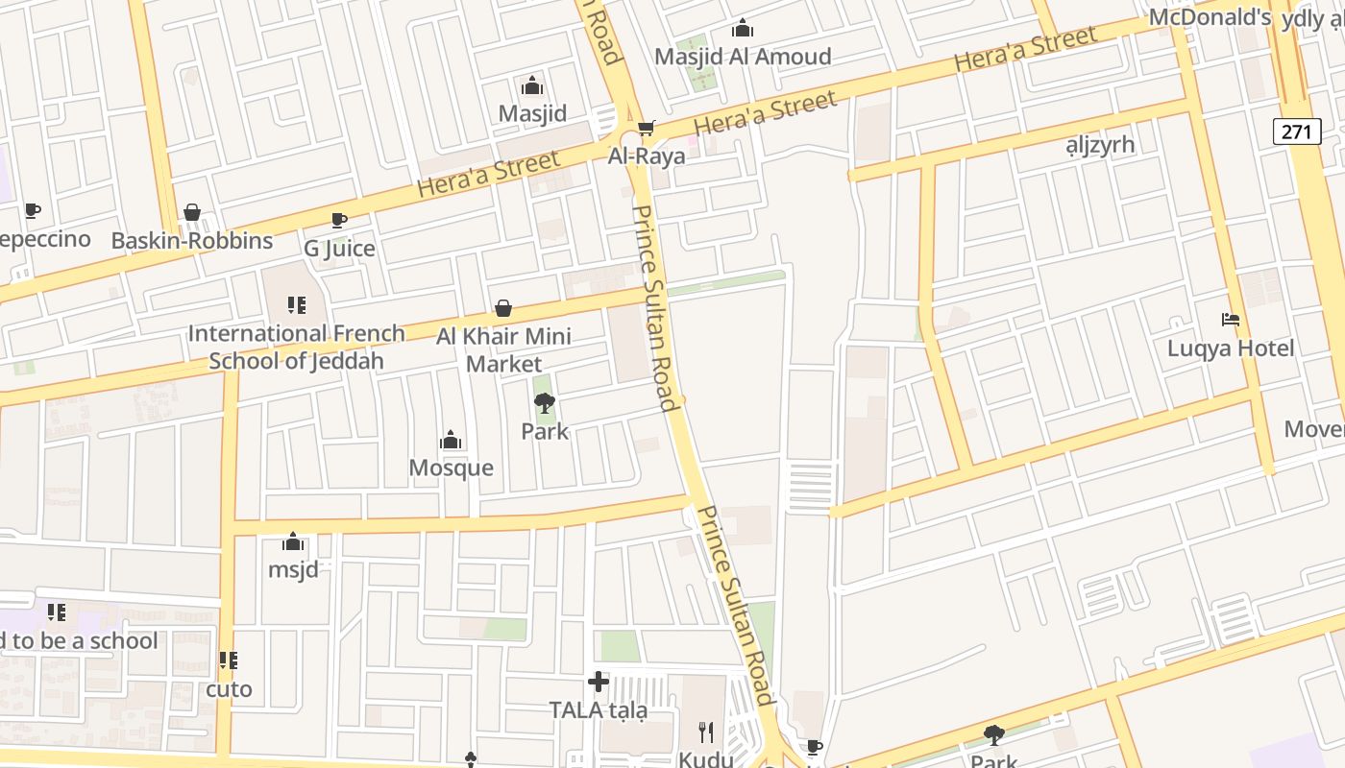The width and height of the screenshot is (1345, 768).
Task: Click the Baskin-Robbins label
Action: coord(192,240)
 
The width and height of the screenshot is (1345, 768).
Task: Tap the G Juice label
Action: coord(339,249)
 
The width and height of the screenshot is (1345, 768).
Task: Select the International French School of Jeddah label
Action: coord(296,347)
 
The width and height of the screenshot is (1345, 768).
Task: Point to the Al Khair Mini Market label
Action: coord(503,349)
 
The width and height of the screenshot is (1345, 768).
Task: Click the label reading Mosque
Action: coord(451,468)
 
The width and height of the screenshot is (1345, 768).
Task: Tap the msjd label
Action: coord(293,568)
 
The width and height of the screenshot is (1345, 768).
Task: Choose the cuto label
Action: coord(229,688)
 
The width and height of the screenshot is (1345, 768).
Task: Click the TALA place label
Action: coord(598,710)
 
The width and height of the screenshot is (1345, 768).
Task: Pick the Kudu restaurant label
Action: coord(706,758)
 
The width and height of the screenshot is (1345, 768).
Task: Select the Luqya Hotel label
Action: coord(1231,348)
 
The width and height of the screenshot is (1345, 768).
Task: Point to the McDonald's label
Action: coord(1210,17)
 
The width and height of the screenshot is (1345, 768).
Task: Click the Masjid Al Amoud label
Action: coord(743,57)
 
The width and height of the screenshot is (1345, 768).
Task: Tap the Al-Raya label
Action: coord(647,156)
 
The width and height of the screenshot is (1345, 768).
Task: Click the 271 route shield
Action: coord(1296,132)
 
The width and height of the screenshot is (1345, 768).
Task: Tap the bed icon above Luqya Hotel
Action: coord(1231,320)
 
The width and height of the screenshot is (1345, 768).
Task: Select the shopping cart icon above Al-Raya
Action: coord(647,128)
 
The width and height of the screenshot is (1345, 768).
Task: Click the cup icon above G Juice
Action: coord(339,221)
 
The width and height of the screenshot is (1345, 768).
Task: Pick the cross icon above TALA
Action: coord(598,682)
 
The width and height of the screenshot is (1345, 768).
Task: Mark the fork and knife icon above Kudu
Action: coord(706,732)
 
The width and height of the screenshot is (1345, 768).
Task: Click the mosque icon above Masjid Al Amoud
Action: coord(743,29)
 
